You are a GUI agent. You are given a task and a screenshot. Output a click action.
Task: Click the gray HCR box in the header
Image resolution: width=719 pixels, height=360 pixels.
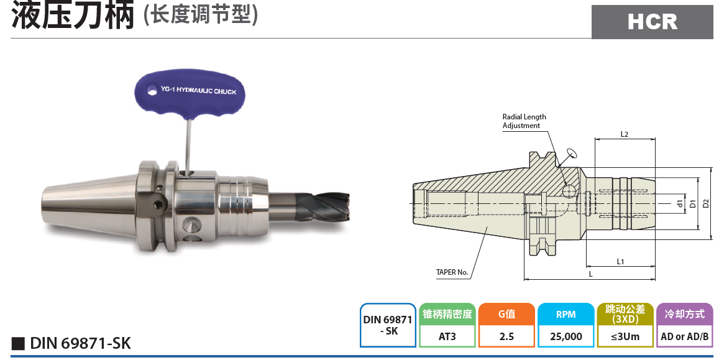coord(652,22)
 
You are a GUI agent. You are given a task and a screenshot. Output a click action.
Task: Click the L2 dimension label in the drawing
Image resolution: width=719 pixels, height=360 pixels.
coord(625,134)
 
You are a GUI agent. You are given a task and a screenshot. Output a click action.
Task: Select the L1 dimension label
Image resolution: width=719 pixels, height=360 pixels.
coord(620,262)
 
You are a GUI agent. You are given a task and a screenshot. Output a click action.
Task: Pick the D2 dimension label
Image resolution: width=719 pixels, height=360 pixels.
coord(705,203)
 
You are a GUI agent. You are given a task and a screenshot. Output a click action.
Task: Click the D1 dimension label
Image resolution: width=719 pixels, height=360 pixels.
coord(693,203)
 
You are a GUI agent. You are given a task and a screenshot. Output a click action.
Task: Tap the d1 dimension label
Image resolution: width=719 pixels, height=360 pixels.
coord(680,203)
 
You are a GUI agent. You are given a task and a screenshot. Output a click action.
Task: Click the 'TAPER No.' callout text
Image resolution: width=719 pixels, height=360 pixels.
coord(452,272)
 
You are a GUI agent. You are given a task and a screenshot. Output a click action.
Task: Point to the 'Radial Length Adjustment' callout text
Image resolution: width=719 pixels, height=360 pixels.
coord(524,121)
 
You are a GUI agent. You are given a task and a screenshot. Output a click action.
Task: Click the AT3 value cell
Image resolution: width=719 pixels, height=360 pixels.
coord(447,336)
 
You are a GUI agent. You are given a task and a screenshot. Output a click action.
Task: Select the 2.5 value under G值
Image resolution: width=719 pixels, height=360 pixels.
coord(506,336)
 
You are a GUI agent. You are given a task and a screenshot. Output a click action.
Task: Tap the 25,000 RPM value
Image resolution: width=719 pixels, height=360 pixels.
coord(566,336)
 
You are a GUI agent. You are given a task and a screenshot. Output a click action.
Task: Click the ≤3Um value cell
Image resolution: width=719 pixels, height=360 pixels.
coord(625,336)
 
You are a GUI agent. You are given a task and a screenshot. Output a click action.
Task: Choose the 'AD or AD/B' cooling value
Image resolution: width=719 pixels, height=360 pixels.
coord(685,336)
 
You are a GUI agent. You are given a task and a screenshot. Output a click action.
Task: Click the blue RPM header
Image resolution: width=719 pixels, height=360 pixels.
coord(566,314)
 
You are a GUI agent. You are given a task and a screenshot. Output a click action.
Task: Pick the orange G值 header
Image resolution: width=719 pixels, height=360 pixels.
coord(506,314)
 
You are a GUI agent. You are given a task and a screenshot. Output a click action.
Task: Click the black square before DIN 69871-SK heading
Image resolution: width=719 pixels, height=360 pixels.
coord(18,343)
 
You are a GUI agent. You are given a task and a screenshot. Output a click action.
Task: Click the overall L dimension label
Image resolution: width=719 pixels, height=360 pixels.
coord(590,274)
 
